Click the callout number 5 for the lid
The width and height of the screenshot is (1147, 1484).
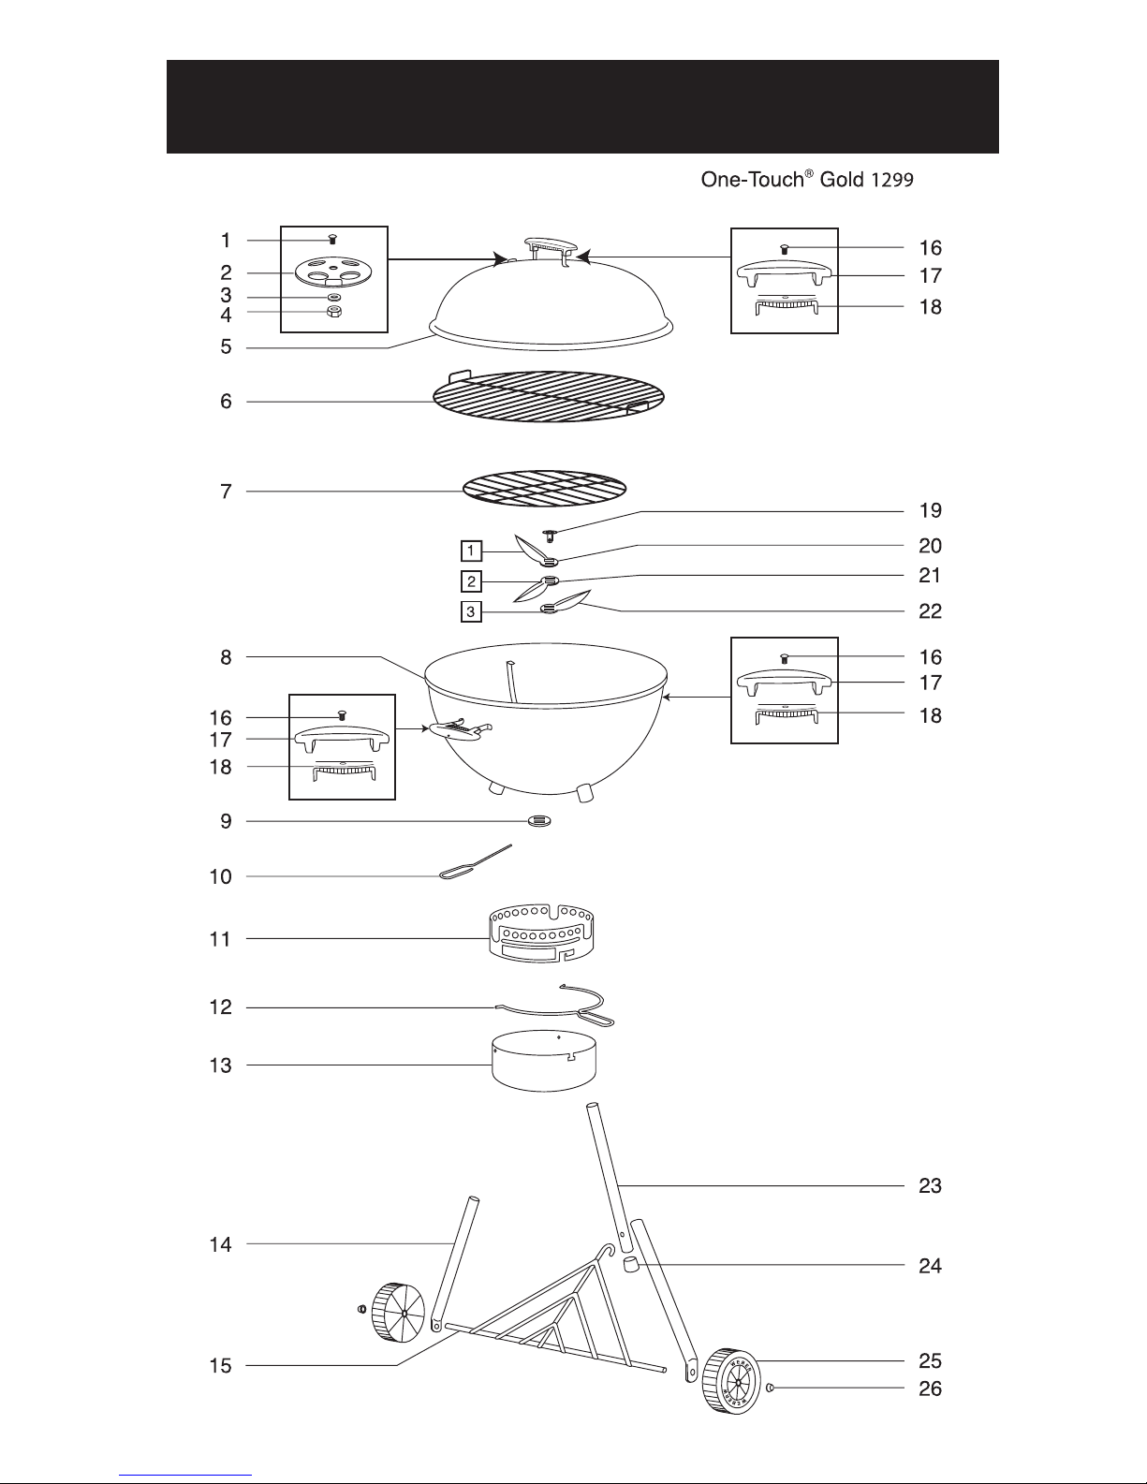coord(226,347)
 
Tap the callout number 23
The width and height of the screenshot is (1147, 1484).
coord(929,1186)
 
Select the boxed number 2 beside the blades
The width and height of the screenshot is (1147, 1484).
coord(472,582)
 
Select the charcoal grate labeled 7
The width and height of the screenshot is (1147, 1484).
coord(544,490)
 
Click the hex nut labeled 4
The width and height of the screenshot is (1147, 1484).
coord(334,313)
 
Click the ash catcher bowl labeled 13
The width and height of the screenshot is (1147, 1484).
coord(546,1063)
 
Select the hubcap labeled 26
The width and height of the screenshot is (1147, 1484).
coord(770,1388)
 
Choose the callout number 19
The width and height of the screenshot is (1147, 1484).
coord(929,511)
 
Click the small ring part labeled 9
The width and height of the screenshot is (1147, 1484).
coord(539,821)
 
